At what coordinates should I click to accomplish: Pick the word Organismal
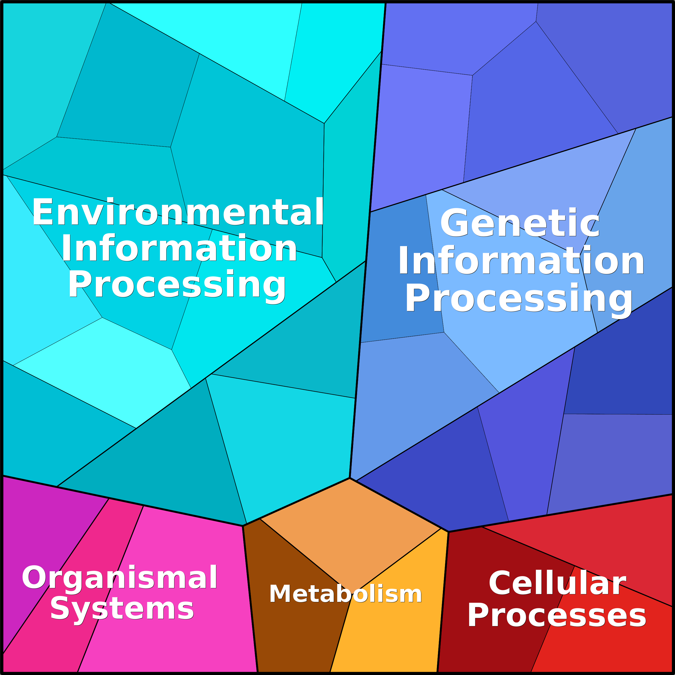[120, 579]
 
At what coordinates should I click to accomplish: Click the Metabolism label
[346, 594]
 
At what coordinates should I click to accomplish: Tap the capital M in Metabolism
[280, 594]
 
